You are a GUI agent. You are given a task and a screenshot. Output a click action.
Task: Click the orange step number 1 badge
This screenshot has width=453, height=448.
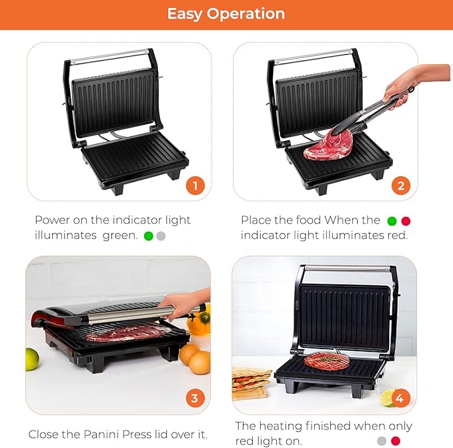(x=195, y=186)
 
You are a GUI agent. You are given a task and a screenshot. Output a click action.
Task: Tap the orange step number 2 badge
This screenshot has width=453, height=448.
(x=401, y=186)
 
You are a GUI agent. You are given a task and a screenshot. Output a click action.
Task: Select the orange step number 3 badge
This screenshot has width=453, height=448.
(x=195, y=398)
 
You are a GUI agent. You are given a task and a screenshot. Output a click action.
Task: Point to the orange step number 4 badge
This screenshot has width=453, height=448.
(x=400, y=398)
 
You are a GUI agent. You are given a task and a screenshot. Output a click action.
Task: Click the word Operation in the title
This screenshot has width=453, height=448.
(x=246, y=14)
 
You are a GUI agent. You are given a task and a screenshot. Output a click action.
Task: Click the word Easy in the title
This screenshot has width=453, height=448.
(x=185, y=14)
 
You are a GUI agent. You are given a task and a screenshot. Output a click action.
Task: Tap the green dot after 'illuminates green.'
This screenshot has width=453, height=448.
(x=148, y=236)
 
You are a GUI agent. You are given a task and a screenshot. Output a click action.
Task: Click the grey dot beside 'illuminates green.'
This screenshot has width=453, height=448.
(x=161, y=236)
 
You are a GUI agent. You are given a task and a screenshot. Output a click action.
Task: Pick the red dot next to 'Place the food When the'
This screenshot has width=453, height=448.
(x=406, y=221)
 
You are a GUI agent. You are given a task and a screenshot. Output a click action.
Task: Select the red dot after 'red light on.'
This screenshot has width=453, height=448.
(x=396, y=441)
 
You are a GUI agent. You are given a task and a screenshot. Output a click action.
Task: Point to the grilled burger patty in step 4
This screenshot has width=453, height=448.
(x=326, y=361)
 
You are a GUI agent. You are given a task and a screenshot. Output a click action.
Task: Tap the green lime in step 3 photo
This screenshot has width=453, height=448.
(x=32, y=360)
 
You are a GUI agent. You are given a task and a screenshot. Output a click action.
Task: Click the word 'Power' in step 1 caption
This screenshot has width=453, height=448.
(x=52, y=220)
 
